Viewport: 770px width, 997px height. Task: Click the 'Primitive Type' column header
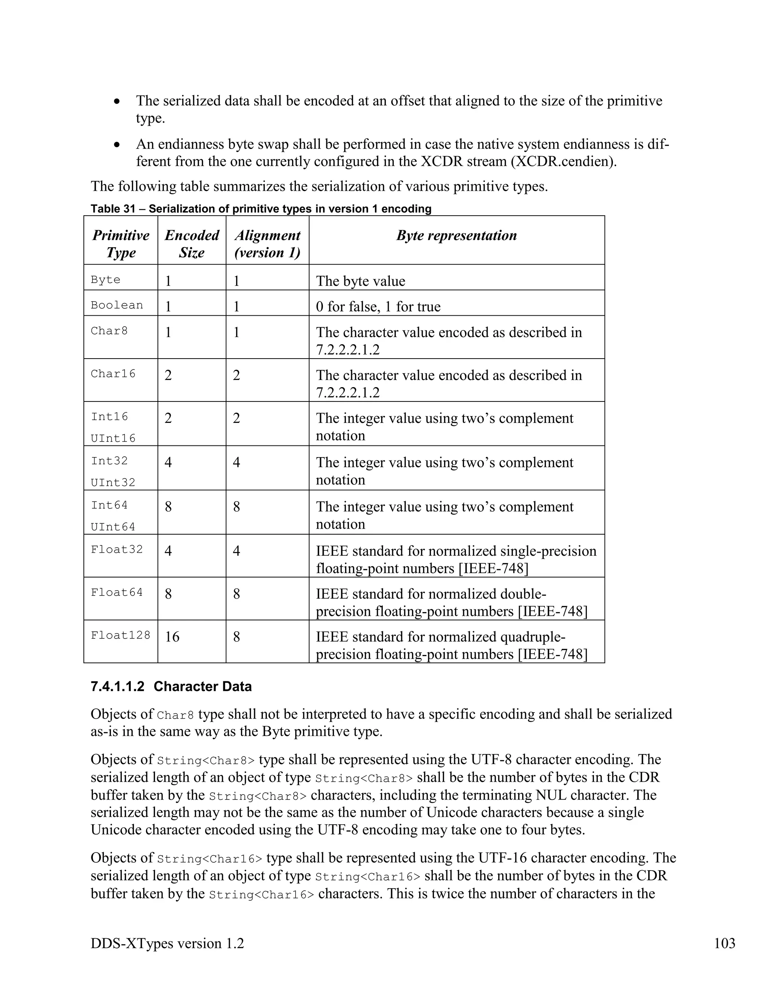[121, 244]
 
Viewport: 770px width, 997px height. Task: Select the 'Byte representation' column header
[456, 236]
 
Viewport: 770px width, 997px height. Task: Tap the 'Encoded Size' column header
[192, 244]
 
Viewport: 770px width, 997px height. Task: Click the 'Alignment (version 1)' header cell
[267, 244]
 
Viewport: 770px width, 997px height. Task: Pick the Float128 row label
[120, 635]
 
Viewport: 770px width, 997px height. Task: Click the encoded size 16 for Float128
[172, 637]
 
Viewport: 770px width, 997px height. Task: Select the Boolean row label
[117, 305]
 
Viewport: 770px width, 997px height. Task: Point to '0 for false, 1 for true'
[378, 306]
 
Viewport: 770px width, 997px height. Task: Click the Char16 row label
[113, 374]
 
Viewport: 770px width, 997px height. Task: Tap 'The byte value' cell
[360, 281]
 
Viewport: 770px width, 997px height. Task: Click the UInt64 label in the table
[113, 527]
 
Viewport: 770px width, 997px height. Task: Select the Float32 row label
[117, 549]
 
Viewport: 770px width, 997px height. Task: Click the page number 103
[725, 943]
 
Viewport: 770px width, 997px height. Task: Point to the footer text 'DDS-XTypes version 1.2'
[167, 943]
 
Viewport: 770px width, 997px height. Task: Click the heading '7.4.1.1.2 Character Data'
[171, 687]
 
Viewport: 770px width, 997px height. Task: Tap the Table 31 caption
[261, 209]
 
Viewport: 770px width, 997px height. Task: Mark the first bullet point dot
[117, 101]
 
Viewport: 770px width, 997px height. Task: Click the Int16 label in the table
[109, 416]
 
